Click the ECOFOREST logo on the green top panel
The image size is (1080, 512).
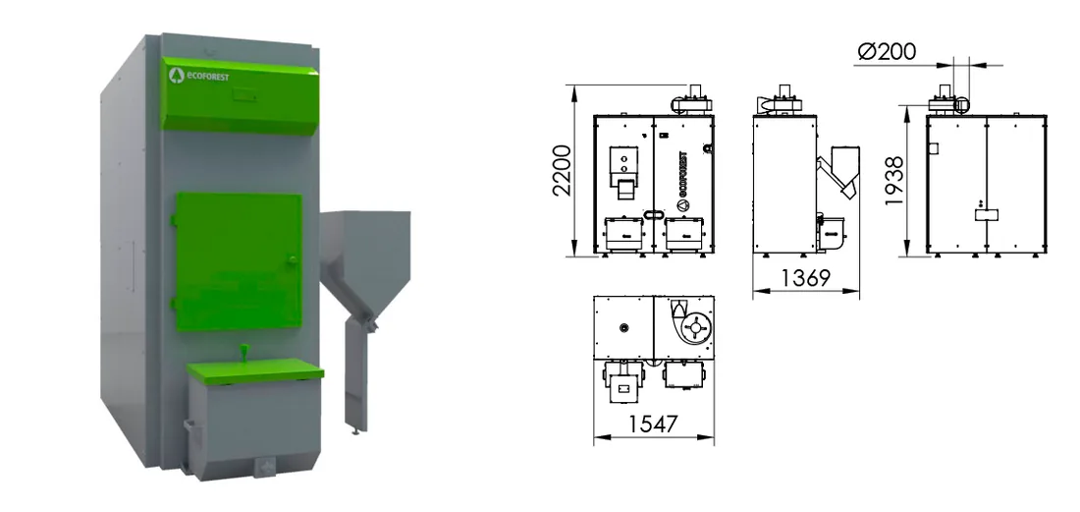[x=199, y=76]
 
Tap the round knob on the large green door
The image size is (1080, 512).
[x=292, y=259]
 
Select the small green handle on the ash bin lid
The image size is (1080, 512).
[x=243, y=352]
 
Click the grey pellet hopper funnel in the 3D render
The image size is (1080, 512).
[x=364, y=261]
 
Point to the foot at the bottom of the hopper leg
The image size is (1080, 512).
[x=356, y=430]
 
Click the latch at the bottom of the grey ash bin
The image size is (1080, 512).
[x=264, y=467]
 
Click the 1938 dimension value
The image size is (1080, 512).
[x=894, y=181]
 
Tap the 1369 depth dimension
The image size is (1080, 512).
[x=806, y=278]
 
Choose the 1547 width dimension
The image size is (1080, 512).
[x=653, y=424]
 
